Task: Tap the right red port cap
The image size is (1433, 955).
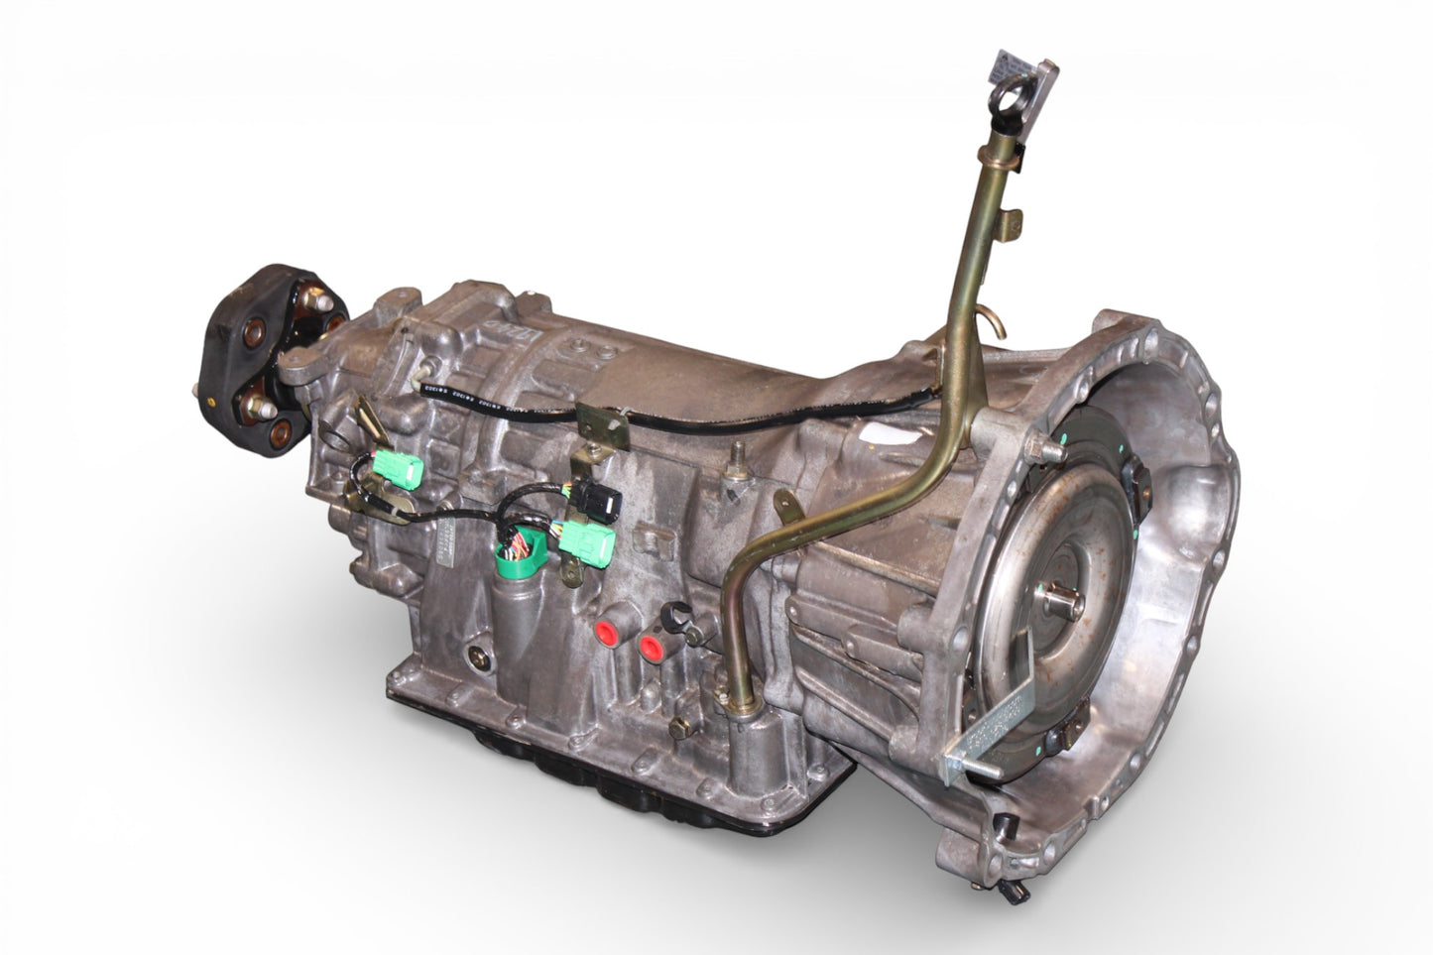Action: (652, 649)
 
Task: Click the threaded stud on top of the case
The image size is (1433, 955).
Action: (738, 459)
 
